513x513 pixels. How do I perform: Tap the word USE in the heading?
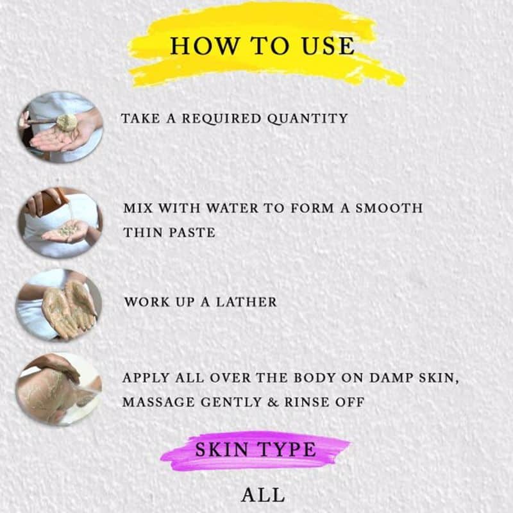tap(328, 46)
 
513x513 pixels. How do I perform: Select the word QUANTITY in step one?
tap(308, 119)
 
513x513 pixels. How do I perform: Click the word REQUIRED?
tap(221, 119)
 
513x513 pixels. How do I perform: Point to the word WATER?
tap(232, 208)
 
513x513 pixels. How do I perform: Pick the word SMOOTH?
tap(389, 208)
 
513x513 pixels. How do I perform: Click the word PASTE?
tap(192, 233)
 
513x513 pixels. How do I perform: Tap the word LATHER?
tap(246, 302)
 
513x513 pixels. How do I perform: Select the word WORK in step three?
tap(147, 302)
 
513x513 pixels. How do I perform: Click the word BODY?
tap(315, 378)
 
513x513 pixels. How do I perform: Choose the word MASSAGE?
tap(159, 402)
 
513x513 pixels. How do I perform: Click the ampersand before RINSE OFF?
tap(273, 402)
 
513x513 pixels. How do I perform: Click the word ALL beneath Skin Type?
tap(263, 495)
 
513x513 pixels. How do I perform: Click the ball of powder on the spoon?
tap(67, 122)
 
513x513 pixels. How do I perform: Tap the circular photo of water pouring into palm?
tap(60, 223)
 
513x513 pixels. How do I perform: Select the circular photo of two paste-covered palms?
tap(58, 305)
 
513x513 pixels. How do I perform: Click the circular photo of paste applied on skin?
tap(58, 389)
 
